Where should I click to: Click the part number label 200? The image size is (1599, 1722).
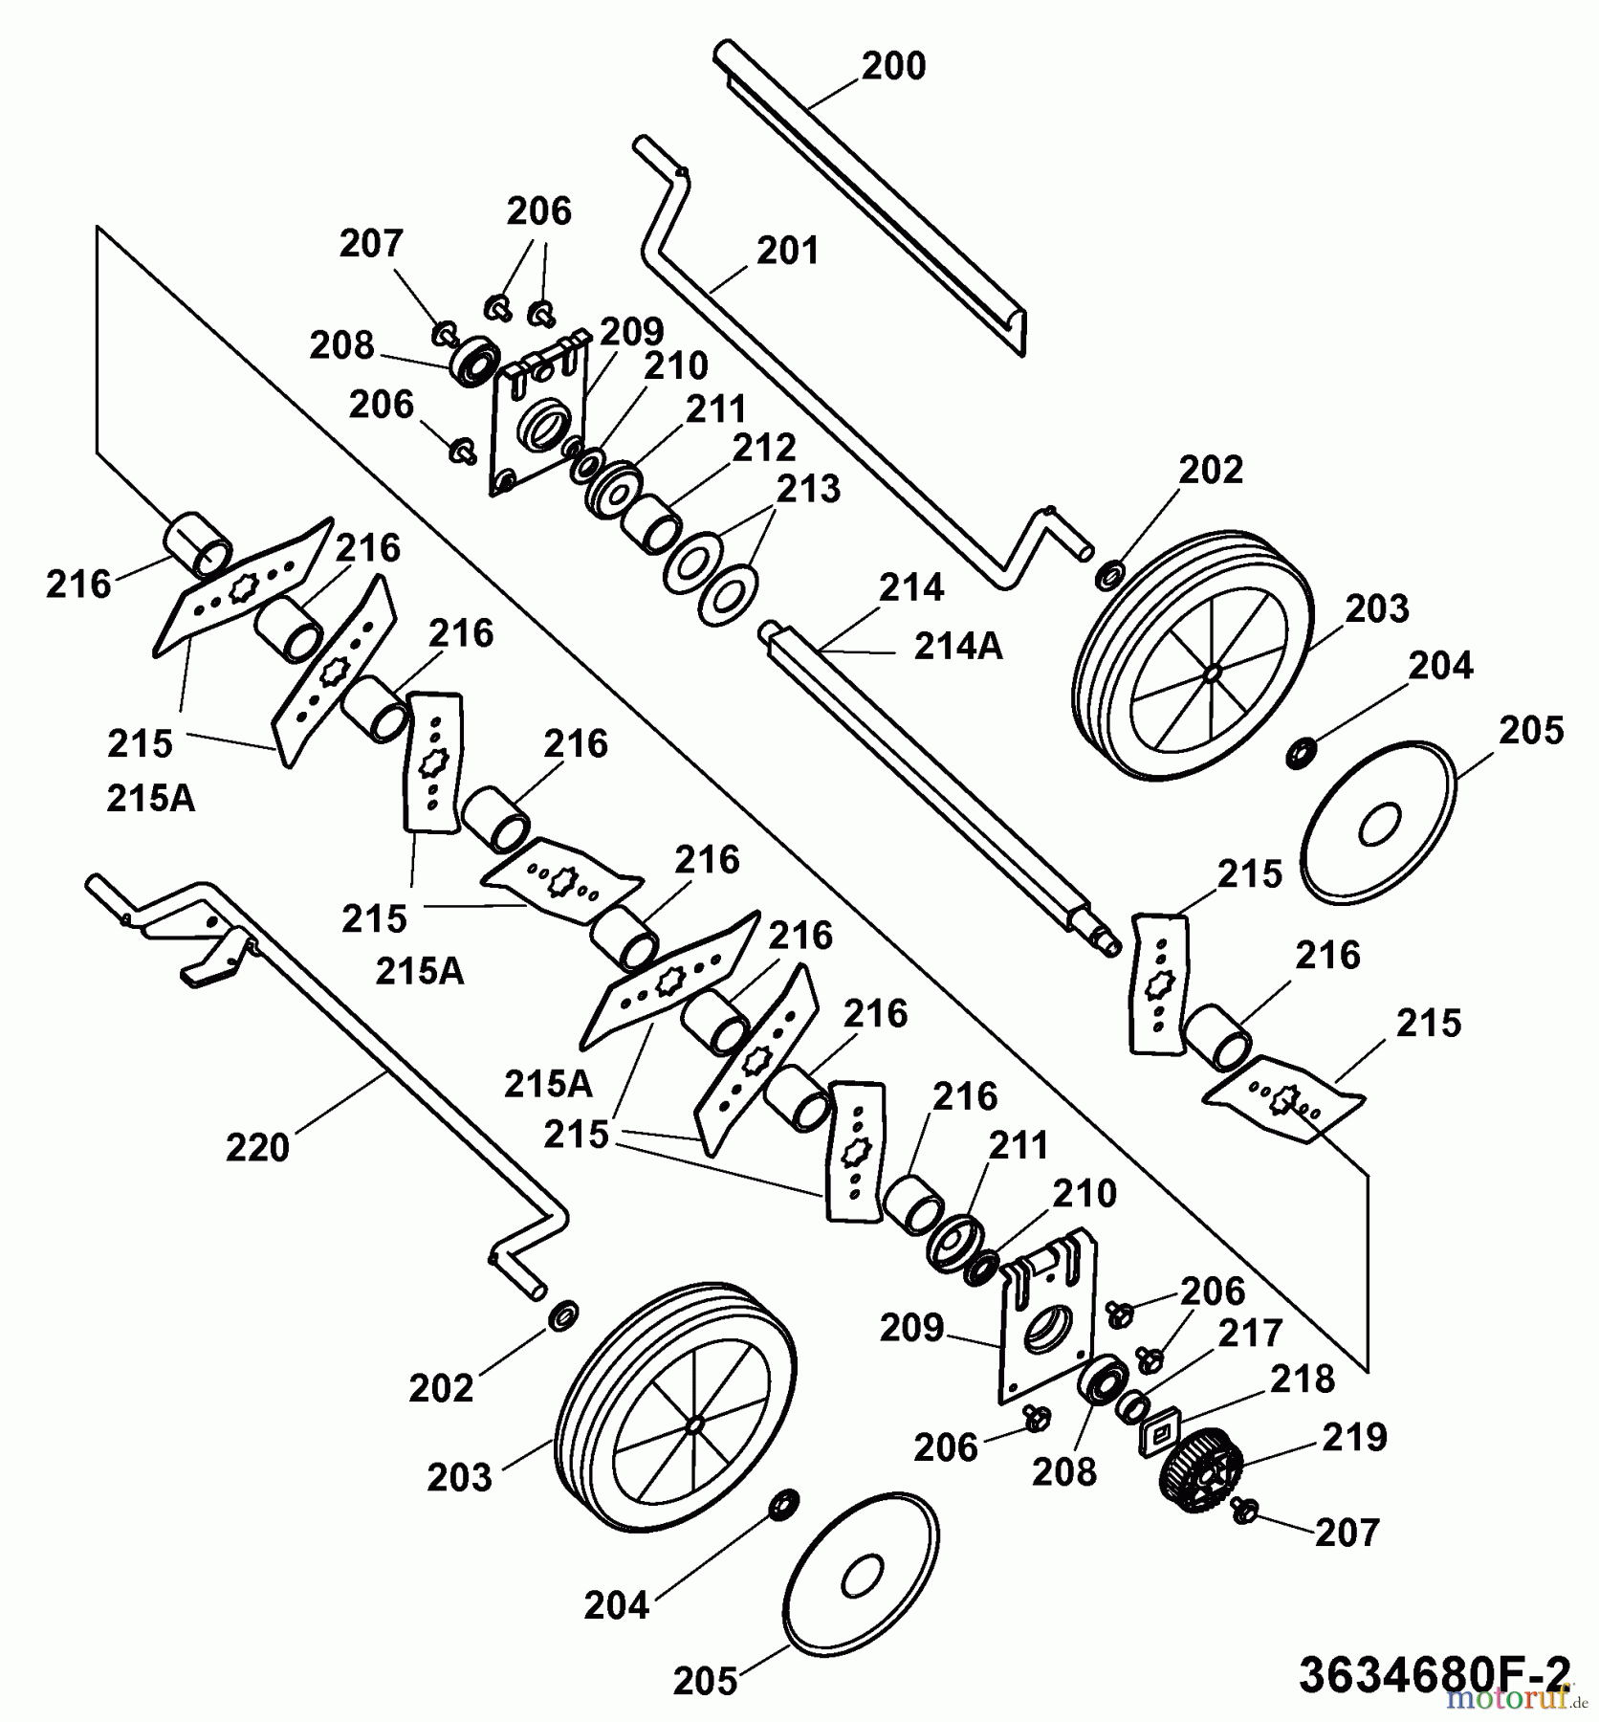coord(893,67)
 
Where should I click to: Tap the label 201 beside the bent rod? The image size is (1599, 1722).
coord(788,252)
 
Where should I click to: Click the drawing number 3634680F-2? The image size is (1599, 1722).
coord(1434,1673)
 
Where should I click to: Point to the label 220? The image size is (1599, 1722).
coord(257,1147)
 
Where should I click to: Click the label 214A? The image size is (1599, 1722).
coord(957,648)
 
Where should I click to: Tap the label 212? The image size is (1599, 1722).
coord(764,449)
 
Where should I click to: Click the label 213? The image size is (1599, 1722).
coord(808,490)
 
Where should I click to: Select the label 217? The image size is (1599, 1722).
coord(1251,1334)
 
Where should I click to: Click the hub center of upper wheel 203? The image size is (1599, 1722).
coord(1212,674)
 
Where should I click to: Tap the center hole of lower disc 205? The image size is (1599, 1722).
coord(863,1572)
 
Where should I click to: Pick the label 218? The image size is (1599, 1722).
coord(1302,1380)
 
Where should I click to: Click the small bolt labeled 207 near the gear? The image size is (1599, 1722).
coord(1245,1512)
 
